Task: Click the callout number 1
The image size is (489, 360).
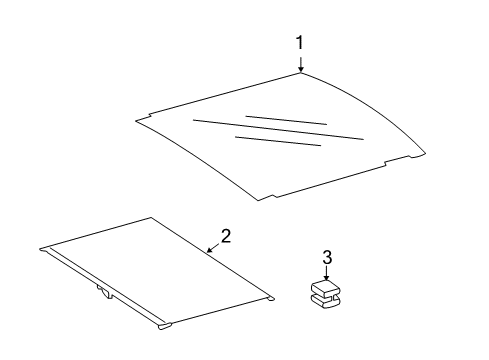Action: coord(300,43)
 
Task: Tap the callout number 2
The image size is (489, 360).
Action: coord(226,236)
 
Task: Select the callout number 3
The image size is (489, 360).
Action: coord(327,257)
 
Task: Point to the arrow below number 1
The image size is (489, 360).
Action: coord(301,64)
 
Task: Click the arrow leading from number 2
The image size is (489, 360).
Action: coord(214,248)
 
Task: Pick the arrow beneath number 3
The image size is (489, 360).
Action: coord(327,273)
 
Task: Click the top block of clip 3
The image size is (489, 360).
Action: coord(324,288)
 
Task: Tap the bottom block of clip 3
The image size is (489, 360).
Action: coord(326,300)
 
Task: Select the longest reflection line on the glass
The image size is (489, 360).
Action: coord(278,130)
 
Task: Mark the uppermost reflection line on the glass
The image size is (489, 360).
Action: coord(286,120)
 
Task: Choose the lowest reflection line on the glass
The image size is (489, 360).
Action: coord(278,141)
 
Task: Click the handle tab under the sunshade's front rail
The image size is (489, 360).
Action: coord(105,292)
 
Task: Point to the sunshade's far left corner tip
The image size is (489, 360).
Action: coord(40,249)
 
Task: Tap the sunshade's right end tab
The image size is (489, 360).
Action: coord(270,299)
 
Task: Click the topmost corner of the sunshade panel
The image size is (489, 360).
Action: coord(151,218)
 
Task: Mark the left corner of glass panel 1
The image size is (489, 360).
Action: coord(136,120)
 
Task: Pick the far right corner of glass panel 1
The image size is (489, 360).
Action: coord(425,153)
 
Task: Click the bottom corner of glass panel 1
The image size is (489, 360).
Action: coord(259,200)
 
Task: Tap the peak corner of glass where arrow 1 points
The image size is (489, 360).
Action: coord(301,73)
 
